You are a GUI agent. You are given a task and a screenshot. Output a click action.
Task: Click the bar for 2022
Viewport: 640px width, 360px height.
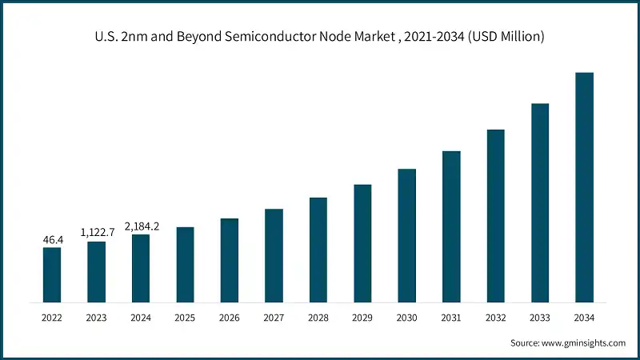(52, 274)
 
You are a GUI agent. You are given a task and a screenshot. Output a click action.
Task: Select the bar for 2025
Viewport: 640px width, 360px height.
(185, 264)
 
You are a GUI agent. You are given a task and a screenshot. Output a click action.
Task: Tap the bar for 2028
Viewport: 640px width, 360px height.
(318, 250)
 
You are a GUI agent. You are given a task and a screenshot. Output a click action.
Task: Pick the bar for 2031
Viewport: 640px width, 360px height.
(451, 226)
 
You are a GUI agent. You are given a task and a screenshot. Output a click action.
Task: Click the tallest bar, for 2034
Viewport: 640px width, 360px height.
(584, 187)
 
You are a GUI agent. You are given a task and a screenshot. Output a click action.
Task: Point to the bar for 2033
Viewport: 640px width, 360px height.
(540, 202)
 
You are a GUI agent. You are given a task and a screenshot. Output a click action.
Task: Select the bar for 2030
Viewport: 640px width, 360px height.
(407, 235)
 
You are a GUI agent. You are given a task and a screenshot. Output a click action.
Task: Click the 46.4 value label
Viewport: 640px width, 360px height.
(52, 239)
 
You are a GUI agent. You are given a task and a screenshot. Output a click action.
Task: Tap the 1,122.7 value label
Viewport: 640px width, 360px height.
(97, 232)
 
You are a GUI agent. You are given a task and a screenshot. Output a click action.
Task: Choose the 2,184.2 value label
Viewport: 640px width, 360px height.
(141, 226)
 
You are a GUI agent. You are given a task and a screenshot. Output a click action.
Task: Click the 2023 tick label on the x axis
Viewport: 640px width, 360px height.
(97, 318)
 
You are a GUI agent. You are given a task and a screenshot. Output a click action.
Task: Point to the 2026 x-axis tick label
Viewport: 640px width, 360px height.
(230, 318)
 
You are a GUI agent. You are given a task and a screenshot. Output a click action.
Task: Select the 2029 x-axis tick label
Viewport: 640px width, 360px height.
(362, 318)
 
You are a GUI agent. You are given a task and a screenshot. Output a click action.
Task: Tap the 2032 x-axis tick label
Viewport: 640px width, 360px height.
(496, 318)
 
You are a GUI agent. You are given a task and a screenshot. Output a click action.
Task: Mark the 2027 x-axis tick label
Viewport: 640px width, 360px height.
(274, 318)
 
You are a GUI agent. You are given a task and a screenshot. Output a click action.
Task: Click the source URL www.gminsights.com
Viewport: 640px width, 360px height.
(584, 343)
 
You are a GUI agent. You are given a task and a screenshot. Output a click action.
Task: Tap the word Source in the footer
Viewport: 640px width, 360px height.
(525, 343)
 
